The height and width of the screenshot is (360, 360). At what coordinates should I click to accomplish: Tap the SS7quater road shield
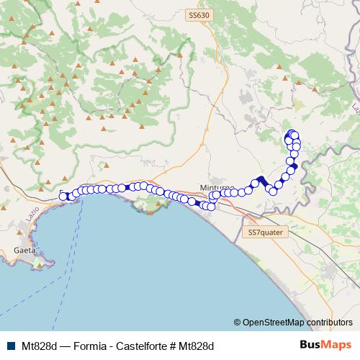pos(266,233)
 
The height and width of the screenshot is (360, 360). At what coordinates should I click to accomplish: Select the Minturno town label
pos(216,186)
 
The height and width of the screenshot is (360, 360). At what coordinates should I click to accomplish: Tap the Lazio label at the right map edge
pos(354,108)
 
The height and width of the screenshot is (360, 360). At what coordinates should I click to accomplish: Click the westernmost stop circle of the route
pos(63,196)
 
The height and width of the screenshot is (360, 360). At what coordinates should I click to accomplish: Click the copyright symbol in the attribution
pos(238,323)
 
